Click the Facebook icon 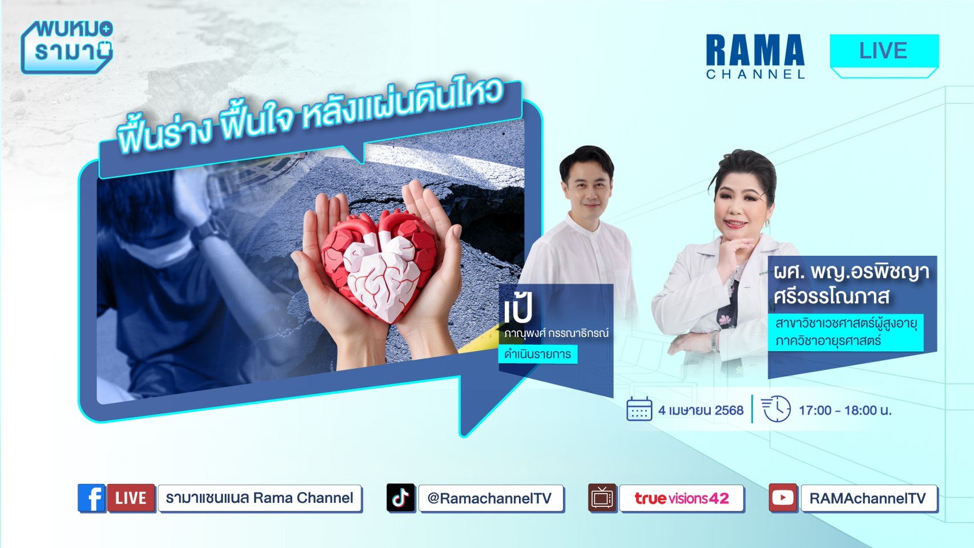pyautogui.click(x=92, y=498)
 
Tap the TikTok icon pyautogui.click(x=400, y=498)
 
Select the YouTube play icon pyautogui.click(x=783, y=498)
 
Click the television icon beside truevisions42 pyautogui.click(x=602, y=498)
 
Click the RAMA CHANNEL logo pyautogui.click(x=755, y=57)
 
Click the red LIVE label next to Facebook pyautogui.click(x=131, y=498)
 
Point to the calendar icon pyautogui.click(x=639, y=409)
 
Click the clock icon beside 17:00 pyautogui.click(x=776, y=409)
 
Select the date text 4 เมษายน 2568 pyautogui.click(x=701, y=410)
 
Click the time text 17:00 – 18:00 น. pyautogui.click(x=846, y=410)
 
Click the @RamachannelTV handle pyautogui.click(x=489, y=498)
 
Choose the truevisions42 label pyautogui.click(x=681, y=498)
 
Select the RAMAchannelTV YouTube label pyautogui.click(x=868, y=498)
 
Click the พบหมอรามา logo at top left pyautogui.click(x=67, y=47)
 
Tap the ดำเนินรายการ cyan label pyautogui.click(x=538, y=354)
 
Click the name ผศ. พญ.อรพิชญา pyautogui.click(x=851, y=272)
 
